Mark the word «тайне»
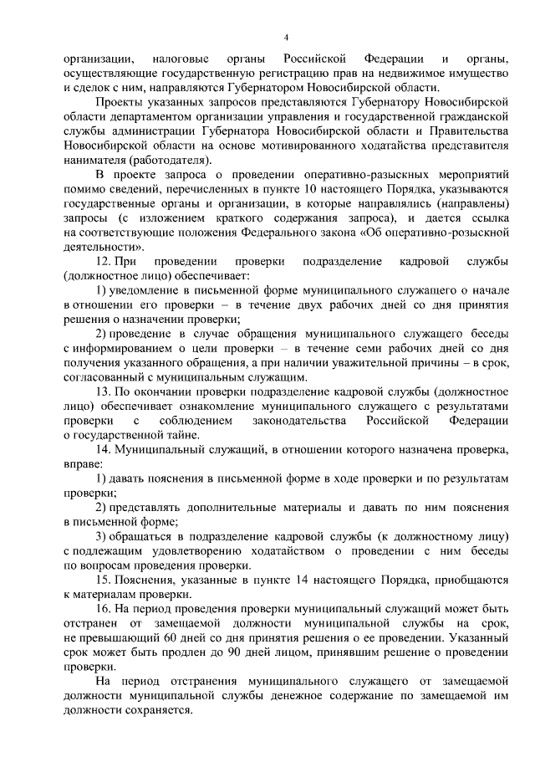point(180,433)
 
